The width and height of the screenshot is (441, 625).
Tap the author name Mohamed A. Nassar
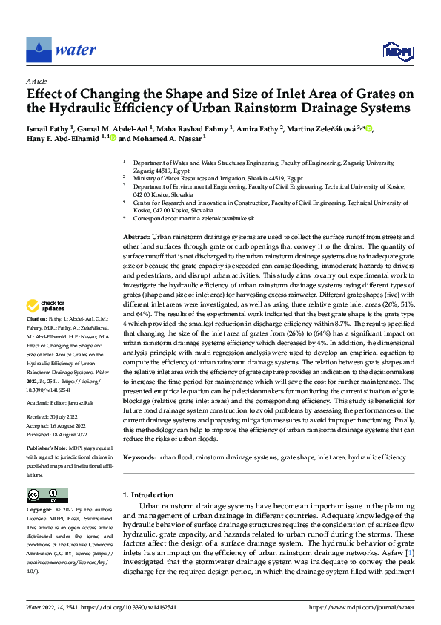(166, 138)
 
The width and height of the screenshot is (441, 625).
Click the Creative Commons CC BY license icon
(47, 494)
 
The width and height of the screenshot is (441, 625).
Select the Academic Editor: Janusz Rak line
(63, 402)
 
